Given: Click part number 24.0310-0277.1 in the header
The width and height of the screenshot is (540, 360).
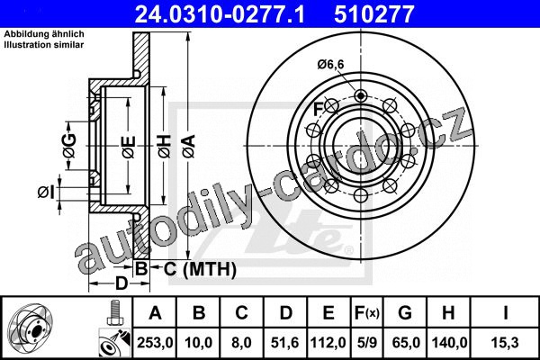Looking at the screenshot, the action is pyautogui.click(x=220, y=14).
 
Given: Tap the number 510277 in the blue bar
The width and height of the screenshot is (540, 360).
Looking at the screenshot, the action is pyautogui.click(x=373, y=14).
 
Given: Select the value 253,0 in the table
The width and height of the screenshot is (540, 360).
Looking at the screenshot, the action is pyautogui.click(x=155, y=343).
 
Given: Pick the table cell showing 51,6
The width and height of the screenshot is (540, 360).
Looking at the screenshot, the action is pyautogui.click(x=284, y=343).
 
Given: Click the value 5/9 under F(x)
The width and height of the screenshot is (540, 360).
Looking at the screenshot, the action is pyautogui.click(x=367, y=343).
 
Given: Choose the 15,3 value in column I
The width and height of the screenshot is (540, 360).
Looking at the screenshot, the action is pyautogui.click(x=505, y=343).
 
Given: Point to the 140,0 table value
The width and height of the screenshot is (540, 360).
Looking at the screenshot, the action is pyautogui.click(x=449, y=343).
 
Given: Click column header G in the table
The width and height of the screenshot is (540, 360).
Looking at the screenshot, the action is pyautogui.click(x=405, y=313).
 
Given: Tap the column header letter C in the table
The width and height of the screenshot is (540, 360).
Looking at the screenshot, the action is pyautogui.click(x=241, y=313).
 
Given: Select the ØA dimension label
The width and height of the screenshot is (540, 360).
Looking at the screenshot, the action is pyautogui.click(x=189, y=147).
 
